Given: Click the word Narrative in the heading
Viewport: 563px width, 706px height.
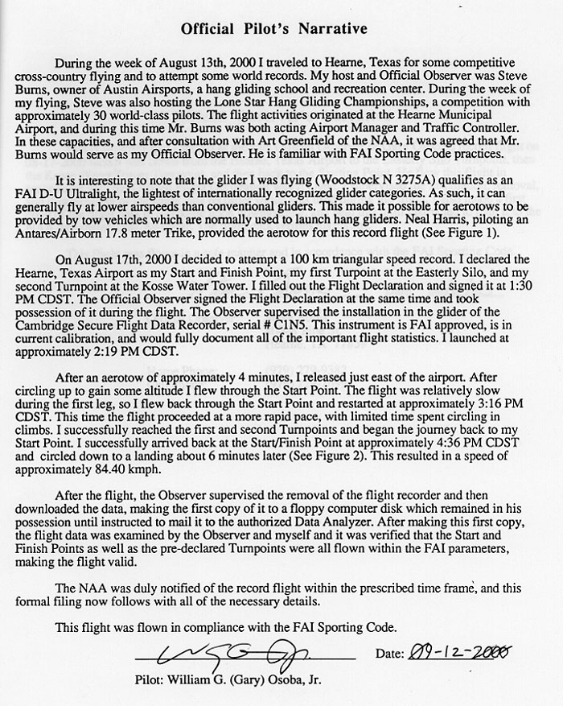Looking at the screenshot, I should (x=328, y=29).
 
